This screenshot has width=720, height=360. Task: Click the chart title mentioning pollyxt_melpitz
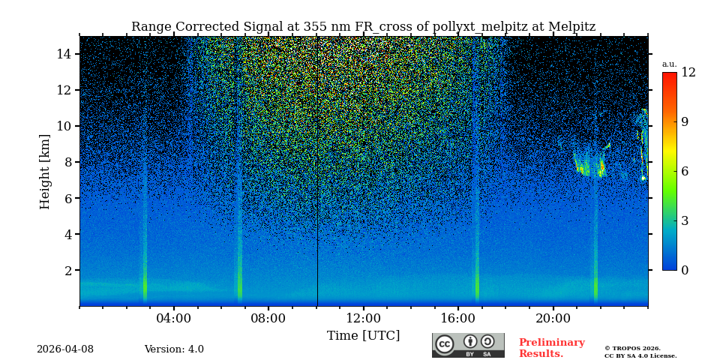point(363,27)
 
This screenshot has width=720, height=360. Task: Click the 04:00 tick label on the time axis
point(173,318)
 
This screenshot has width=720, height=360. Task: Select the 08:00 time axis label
point(268,318)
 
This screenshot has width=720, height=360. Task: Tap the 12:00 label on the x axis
point(363,318)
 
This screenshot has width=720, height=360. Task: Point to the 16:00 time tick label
point(457,318)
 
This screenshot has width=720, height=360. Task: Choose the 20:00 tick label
point(553,318)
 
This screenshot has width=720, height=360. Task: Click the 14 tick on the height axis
point(63,54)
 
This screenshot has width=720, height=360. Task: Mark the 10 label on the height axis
point(63,126)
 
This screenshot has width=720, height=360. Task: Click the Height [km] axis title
point(45,171)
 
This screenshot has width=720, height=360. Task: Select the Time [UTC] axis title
point(363,335)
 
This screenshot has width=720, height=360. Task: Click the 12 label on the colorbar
point(688,73)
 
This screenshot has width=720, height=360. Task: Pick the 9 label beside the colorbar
point(685,122)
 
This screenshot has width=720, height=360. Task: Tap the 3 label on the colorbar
point(685,220)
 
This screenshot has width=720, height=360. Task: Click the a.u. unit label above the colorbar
point(669,64)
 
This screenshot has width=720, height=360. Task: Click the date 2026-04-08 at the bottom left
point(65,349)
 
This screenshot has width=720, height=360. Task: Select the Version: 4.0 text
point(174,349)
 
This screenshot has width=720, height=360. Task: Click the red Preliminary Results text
point(551,348)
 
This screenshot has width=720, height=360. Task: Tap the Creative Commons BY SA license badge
point(468,345)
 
